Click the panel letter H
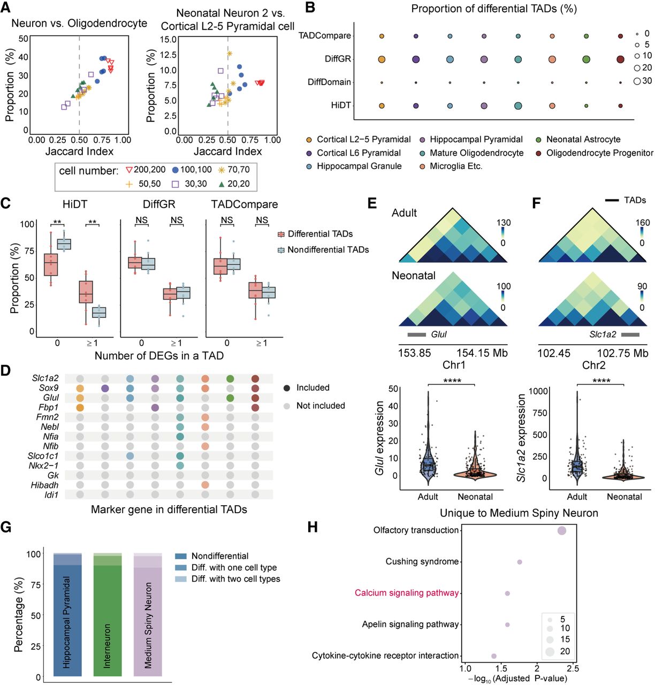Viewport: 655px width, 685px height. coord(313,527)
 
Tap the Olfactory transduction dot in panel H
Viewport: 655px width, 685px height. coord(562,531)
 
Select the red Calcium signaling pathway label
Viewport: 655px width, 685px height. coord(407,593)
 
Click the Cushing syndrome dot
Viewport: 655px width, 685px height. coord(519,562)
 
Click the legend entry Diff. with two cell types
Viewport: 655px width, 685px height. coord(227,579)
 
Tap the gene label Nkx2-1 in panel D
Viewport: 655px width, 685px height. coord(43,466)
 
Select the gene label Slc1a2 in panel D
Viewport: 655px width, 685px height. coord(45,378)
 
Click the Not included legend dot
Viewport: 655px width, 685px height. coord(287,406)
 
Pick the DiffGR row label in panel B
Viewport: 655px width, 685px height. coord(338,59)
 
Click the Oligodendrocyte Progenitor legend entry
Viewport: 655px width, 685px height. coord(595,153)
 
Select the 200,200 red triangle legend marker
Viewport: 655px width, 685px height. coord(129,170)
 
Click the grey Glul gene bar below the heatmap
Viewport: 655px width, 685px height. coord(417,334)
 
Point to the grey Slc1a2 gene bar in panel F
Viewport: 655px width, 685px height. coord(630,334)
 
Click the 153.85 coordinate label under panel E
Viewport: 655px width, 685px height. coord(414,353)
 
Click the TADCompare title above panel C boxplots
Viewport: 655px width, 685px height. coord(244,204)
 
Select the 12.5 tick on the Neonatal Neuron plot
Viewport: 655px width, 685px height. coord(168,55)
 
